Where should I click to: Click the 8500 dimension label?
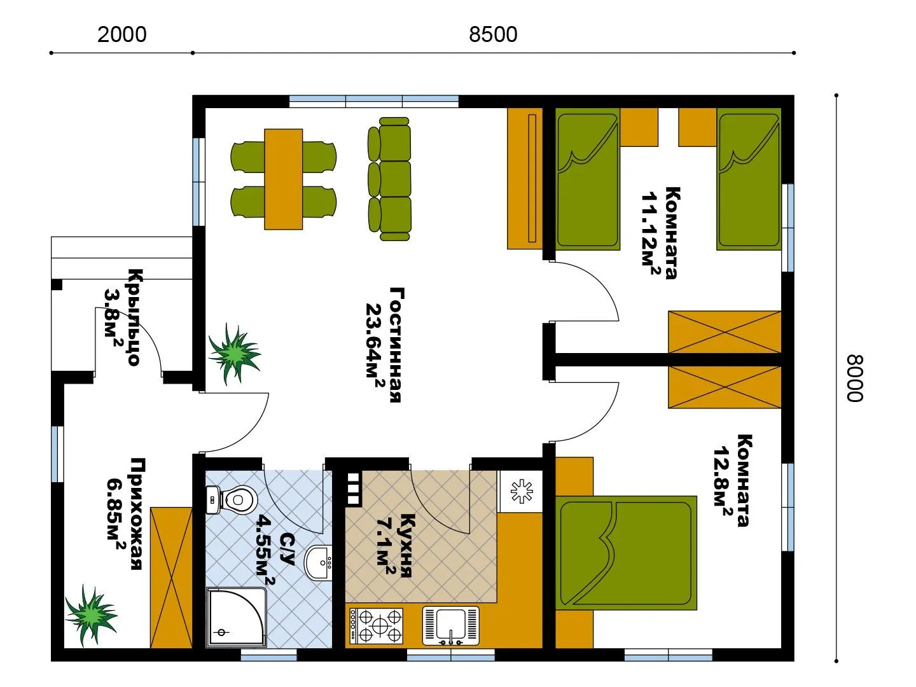pos(493,34)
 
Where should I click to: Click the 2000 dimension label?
pos(122,34)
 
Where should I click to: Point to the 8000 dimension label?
pos(854,378)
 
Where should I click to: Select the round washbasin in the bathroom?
pos(318,563)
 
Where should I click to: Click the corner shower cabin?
pos(236,618)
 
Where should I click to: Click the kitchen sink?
pos(451,626)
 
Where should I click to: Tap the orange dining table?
pos(283,179)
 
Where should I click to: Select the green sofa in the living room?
pos(389,179)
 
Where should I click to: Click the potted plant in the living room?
pos(234,353)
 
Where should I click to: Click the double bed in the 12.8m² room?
pos(627,553)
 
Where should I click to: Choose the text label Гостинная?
pos(397,345)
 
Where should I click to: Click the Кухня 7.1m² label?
pos(396,546)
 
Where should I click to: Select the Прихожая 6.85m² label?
pos(125,514)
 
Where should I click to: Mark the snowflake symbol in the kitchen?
pos(522,491)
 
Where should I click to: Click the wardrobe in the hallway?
pos(171,578)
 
